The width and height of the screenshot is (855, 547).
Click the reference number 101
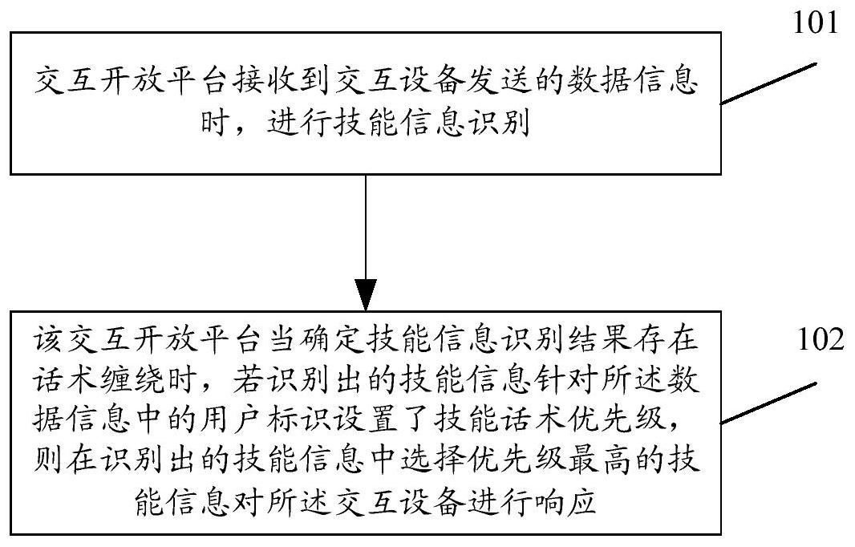(815, 23)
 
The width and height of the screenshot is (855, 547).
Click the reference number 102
(821, 338)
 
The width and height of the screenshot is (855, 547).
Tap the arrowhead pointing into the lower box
(366, 295)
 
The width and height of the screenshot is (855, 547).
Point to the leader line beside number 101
(769, 84)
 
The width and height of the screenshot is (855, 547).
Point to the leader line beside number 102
(769, 402)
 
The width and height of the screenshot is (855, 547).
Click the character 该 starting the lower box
(48, 339)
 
